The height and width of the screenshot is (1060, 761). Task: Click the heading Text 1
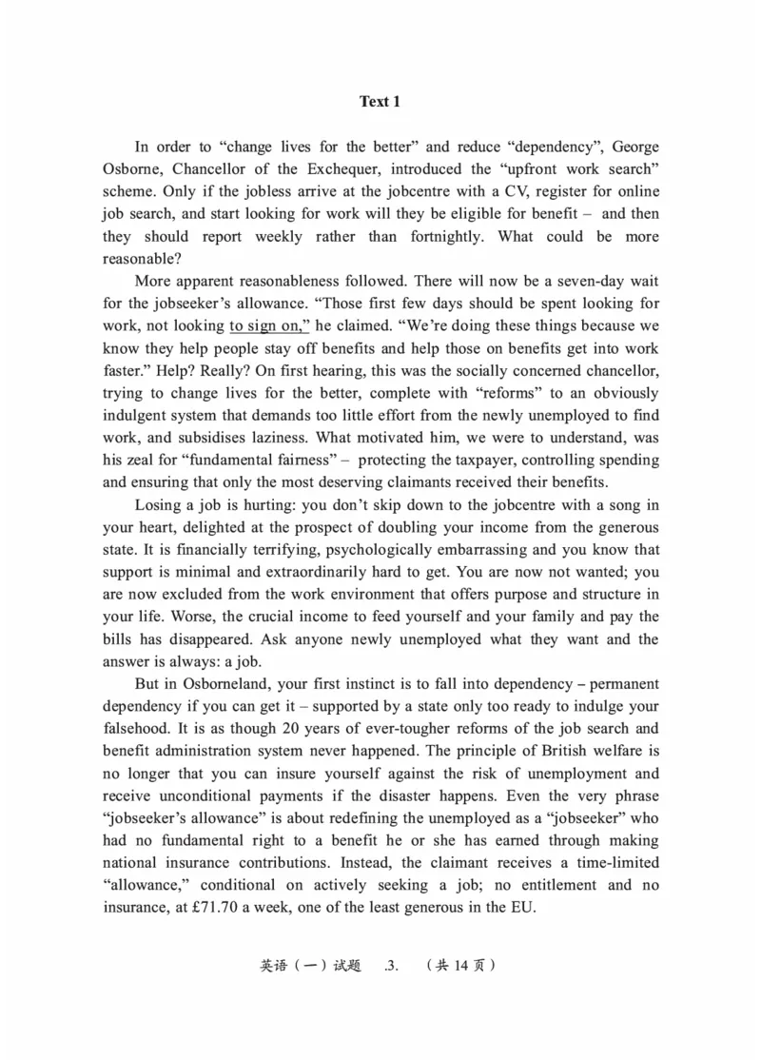380,102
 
